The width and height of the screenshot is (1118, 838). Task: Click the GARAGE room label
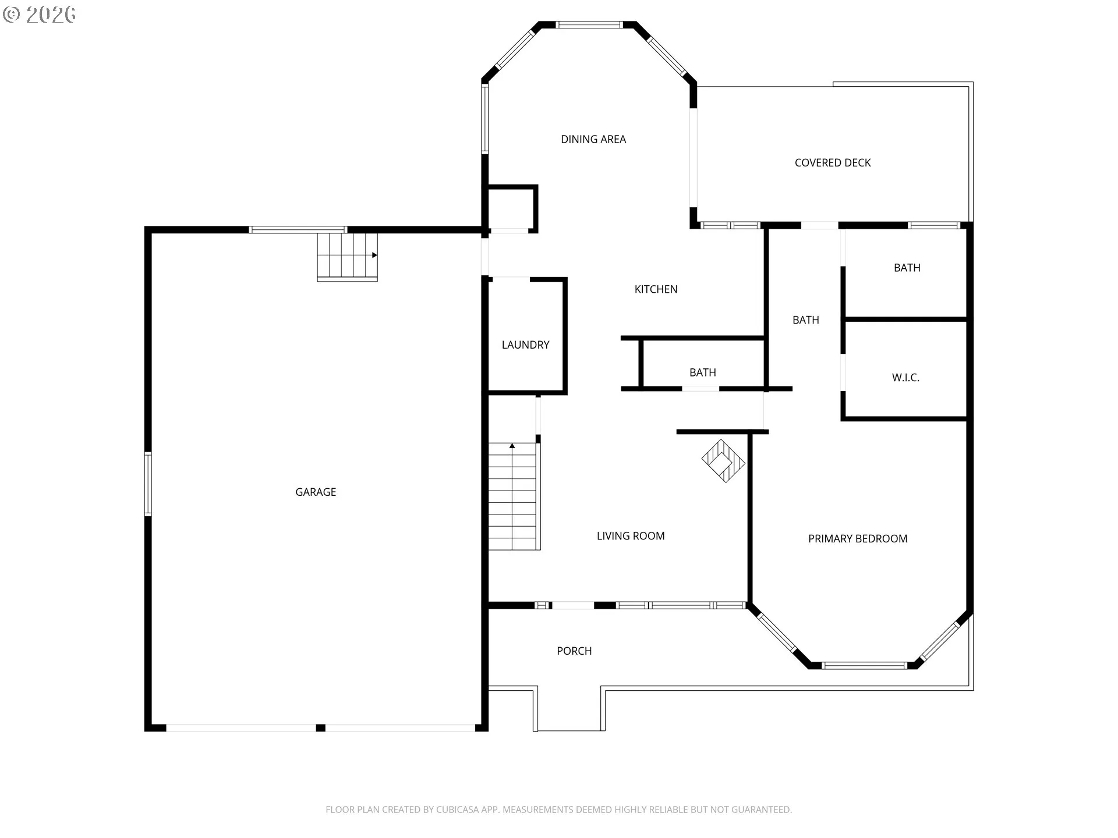click(316, 492)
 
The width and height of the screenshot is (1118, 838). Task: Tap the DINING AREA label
click(593, 140)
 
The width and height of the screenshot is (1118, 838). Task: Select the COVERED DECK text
click(833, 163)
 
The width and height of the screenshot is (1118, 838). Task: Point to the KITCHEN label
click(656, 289)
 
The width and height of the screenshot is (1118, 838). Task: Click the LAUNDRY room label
click(525, 345)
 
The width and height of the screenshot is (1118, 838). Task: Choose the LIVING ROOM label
click(631, 536)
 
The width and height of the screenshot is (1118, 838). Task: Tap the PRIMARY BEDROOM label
click(858, 539)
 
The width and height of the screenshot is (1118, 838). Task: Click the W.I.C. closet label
click(905, 378)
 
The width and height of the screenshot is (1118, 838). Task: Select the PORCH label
click(574, 651)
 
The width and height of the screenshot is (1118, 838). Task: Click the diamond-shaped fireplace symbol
click(723, 461)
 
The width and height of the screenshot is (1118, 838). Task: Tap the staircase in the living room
click(512, 496)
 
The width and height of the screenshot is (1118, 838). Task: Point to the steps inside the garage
click(347, 256)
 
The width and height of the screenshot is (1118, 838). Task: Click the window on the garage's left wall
click(148, 484)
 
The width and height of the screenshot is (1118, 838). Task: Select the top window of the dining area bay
click(589, 25)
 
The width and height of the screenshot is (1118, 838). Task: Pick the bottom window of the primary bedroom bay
click(864, 665)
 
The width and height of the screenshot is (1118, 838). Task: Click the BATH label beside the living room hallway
click(703, 373)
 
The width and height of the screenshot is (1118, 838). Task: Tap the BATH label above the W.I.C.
click(907, 268)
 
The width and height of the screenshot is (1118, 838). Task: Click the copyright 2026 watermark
click(40, 15)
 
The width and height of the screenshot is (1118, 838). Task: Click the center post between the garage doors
click(320, 728)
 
